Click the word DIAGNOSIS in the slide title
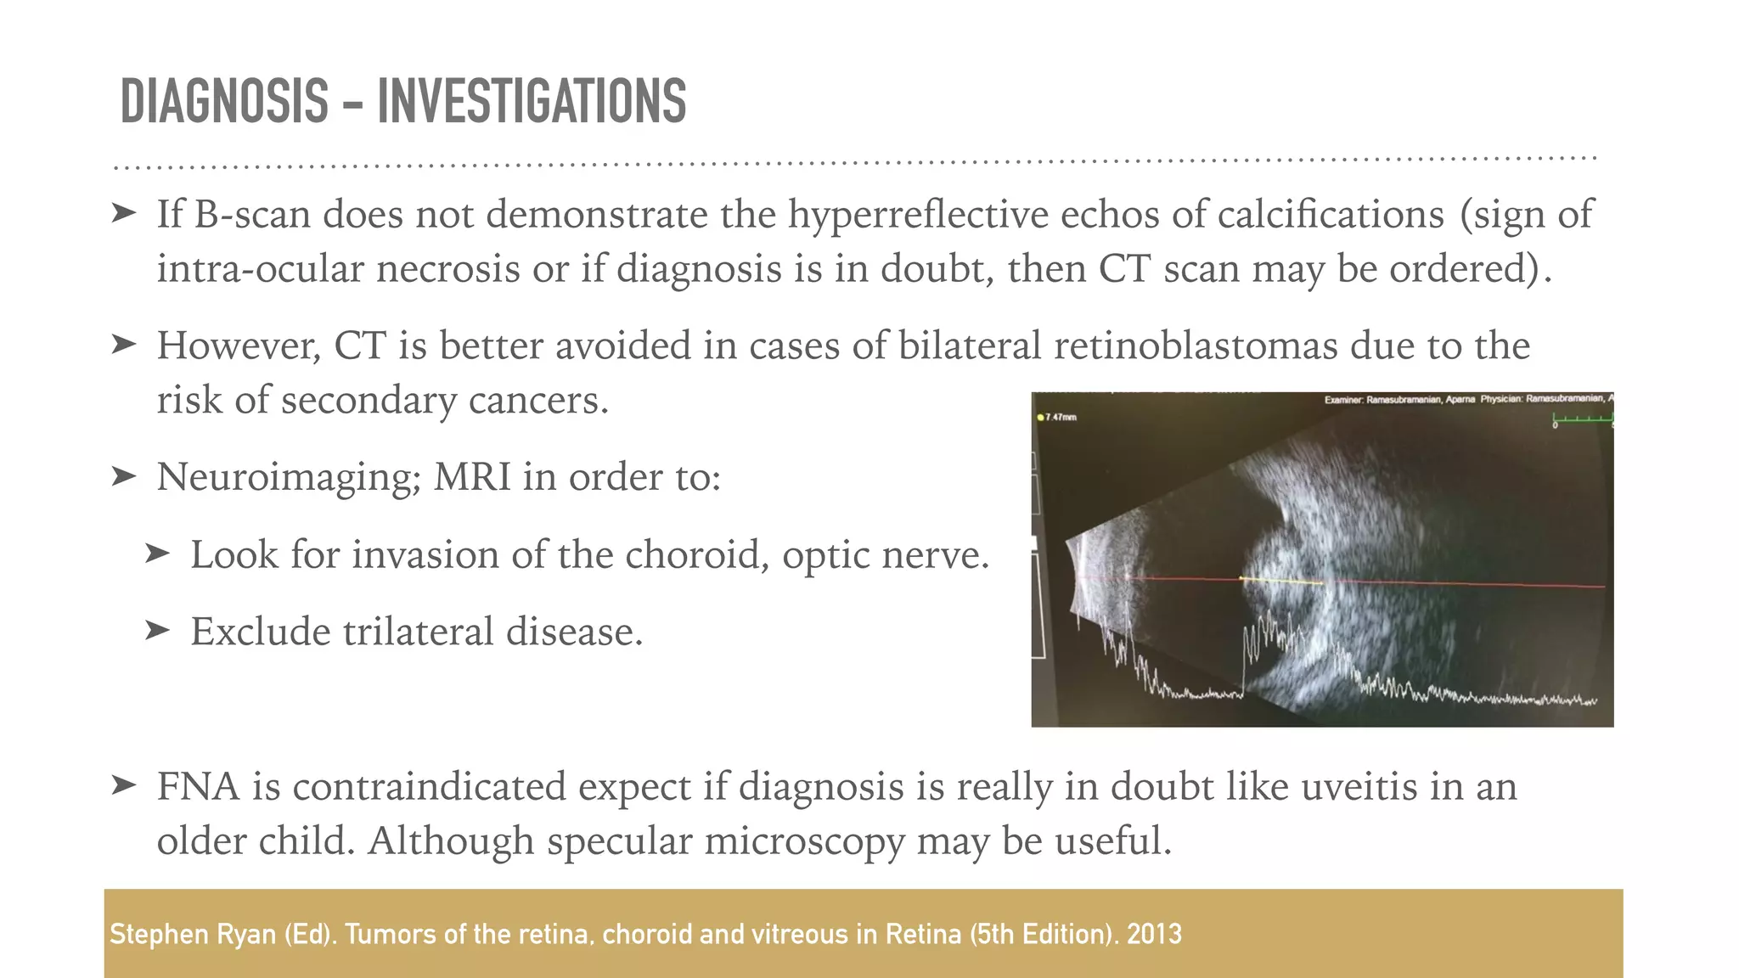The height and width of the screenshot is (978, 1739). coord(224,102)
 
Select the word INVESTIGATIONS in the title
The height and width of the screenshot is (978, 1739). coord(532,102)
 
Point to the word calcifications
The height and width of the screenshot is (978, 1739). coord(1331,214)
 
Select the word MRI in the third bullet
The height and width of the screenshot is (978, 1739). coord(472,477)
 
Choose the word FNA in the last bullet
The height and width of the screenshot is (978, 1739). coord(198,787)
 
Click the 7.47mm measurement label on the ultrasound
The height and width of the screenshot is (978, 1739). coord(1060,417)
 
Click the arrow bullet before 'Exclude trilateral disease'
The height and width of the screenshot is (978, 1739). coord(157,631)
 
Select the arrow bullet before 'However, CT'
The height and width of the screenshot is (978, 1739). coord(124,345)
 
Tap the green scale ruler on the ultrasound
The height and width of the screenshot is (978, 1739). coord(1582,419)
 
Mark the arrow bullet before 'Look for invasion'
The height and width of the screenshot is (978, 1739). coord(157,554)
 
